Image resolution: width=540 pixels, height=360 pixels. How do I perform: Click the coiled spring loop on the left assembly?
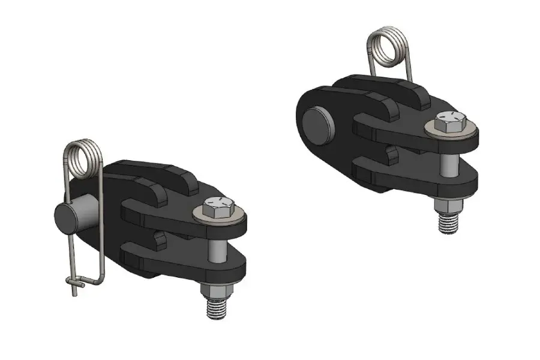pos(85,158)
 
